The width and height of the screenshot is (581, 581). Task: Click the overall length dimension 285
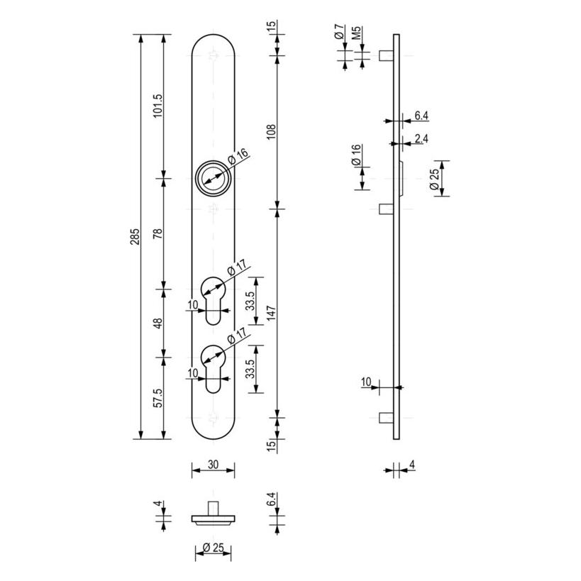click(x=135, y=236)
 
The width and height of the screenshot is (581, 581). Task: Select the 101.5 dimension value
click(x=158, y=106)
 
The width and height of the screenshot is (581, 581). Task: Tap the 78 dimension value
click(x=158, y=233)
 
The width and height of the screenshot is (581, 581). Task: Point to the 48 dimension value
click(x=158, y=323)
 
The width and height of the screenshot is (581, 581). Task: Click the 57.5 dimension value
click(x=158, y=398)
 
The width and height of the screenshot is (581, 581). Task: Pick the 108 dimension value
click(x=272, y=132)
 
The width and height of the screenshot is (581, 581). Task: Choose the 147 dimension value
click(x=272, y=313)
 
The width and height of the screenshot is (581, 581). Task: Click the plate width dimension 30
click(x=213, y=464)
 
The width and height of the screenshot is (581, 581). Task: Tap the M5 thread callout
click(x=356, y=33)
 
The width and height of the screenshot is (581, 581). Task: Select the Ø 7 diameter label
click(x=339, y=31)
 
